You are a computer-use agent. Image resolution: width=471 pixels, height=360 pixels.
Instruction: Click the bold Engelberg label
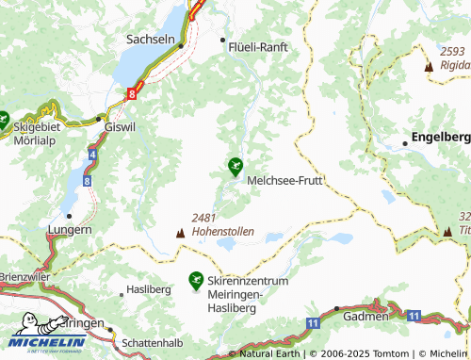pos(442,138)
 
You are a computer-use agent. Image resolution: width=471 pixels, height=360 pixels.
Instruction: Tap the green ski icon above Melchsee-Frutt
pos(235,166)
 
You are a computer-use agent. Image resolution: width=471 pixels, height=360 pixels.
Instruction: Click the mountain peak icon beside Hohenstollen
pos(180,231)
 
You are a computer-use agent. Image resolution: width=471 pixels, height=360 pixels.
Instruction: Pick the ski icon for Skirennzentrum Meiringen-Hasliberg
pos(196,279)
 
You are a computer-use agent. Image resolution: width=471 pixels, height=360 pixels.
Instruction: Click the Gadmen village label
pos(365,317)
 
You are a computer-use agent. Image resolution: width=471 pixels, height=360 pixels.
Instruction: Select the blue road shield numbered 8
pos(87,179)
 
